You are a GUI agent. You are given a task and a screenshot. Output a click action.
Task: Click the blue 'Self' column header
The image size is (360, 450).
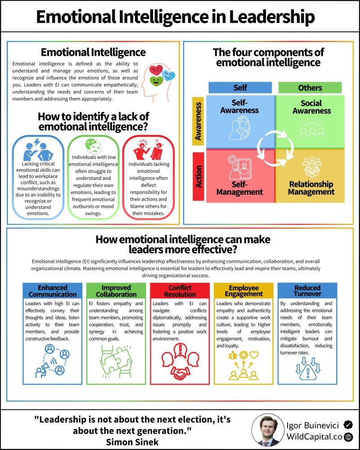click(x=240, y=88)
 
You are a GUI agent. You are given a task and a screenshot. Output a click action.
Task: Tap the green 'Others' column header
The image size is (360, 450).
click(x=310, y=88)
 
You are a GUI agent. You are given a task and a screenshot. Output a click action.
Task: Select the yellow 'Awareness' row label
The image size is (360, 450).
click(x=198, y=121)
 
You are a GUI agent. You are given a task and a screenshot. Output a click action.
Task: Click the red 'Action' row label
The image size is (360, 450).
click(x=198, y=176)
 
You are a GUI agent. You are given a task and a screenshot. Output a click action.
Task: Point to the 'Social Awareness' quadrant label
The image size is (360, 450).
click(x=311, y=107)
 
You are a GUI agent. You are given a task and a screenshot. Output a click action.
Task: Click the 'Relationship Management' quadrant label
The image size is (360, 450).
click(x=311, y=188)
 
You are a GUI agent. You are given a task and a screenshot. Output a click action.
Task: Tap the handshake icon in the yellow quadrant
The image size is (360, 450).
click(x=312, y=167)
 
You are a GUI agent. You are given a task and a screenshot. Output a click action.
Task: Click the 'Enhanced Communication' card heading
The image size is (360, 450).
click(x=53, y=291)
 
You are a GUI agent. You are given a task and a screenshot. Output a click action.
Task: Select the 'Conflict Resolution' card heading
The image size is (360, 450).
click(x=180, y=291)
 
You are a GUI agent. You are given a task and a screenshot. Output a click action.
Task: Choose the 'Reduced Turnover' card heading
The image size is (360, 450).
click(x=307, y=291)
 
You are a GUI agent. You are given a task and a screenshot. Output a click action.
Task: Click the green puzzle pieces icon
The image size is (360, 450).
click(x=116, y=361)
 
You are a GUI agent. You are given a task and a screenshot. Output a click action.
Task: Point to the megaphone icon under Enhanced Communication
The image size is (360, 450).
click(x=41, y=370)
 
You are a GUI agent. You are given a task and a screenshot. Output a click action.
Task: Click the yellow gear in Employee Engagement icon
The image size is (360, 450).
click(x=243, y=355)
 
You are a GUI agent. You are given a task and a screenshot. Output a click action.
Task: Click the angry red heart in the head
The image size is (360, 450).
click(x=156, y=70)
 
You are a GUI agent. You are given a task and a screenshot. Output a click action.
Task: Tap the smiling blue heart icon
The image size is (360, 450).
click(x=168, y=76)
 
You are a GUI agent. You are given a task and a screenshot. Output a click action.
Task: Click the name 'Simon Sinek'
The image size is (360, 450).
click(x=132, y=442)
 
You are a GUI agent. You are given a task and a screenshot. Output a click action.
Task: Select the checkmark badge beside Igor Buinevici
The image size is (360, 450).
click(x=348, y=424)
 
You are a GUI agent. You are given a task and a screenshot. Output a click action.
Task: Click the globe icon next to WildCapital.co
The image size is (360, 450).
click(x=348, y=437)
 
